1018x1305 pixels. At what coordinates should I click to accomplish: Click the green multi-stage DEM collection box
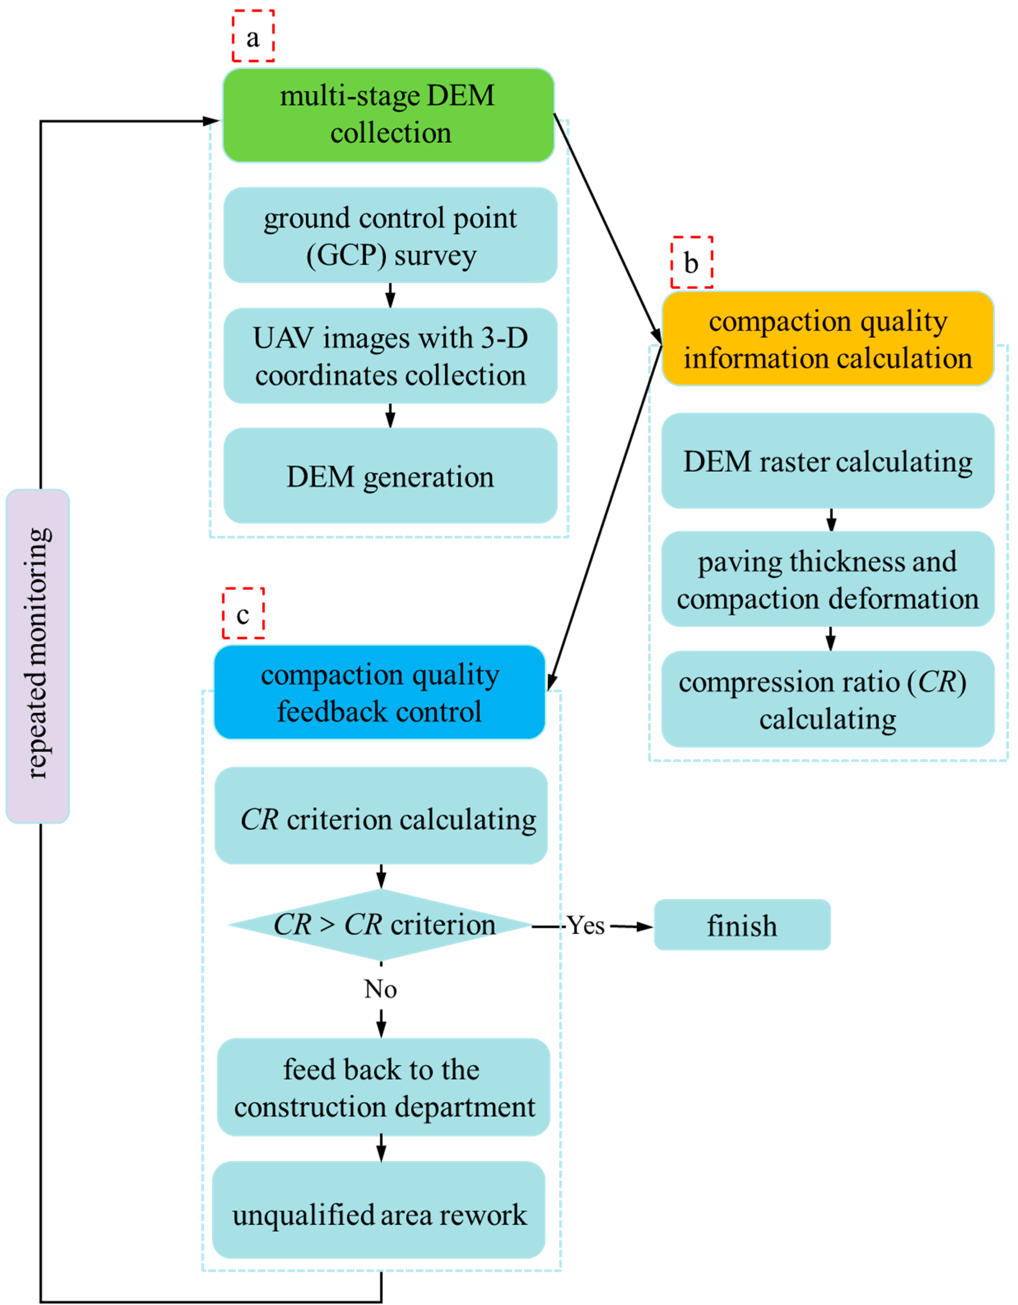click(x=388, y=115)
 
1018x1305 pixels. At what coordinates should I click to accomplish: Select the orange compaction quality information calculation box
click(x=827, y=339)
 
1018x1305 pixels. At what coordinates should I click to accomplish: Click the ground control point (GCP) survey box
click(x=390, y=235)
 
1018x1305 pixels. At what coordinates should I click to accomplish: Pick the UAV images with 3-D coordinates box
click(x=390, y=356)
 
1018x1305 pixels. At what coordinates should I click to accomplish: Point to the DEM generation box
click(x=390, y=476)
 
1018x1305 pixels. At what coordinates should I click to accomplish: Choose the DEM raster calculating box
click(x=827, y=461)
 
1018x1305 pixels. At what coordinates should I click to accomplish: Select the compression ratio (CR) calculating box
click(x=827, y=699)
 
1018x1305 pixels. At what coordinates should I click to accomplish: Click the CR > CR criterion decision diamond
click(x=381, y=925)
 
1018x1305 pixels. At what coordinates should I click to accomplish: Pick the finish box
click(x=742, y=925)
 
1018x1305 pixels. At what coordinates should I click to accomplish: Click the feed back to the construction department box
click(x=383, y=1087)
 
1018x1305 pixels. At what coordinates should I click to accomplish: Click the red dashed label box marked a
click(x=253, y=36)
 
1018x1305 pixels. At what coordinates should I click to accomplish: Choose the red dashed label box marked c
click(x=243, y=613)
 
